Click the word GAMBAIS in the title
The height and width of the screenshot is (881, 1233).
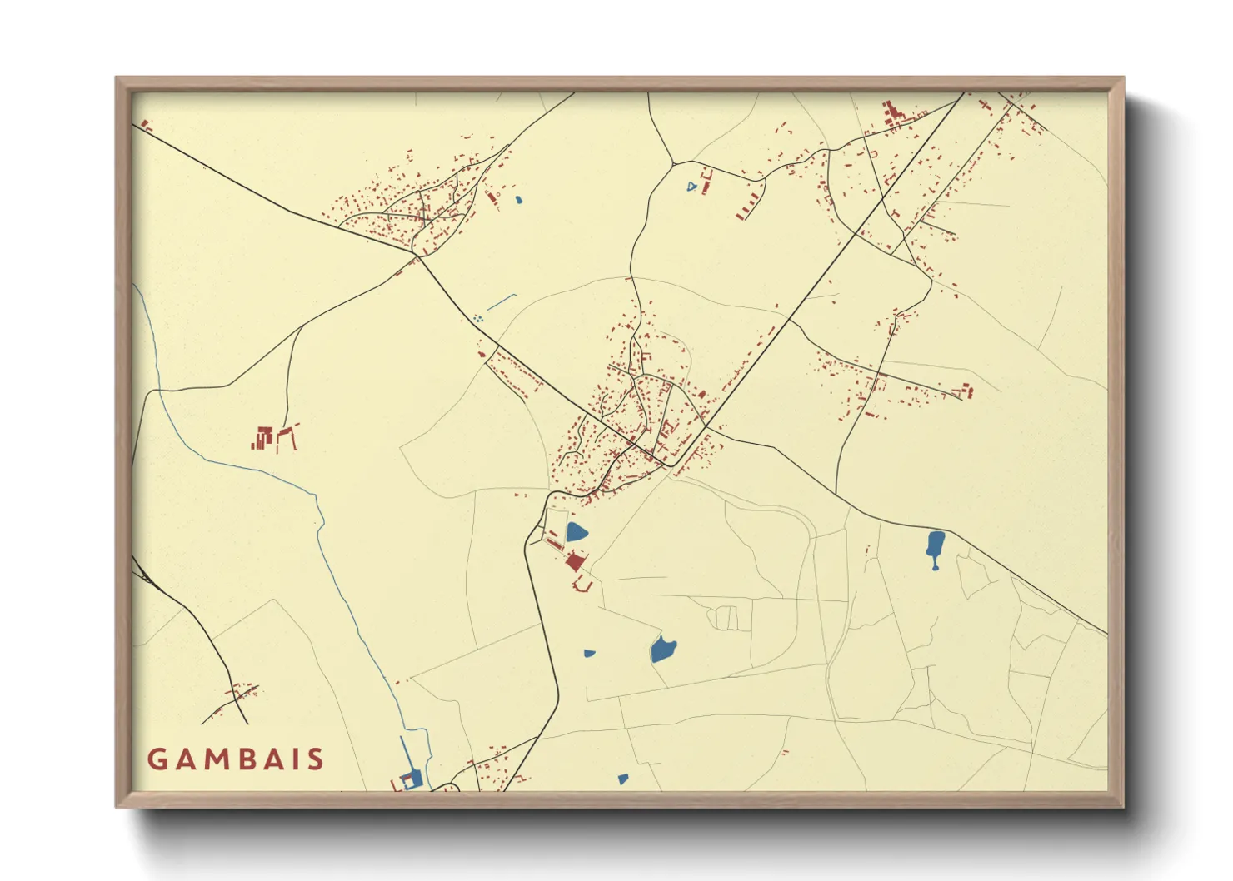[x=236, y=759]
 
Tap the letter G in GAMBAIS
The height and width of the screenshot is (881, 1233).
[x=157, y=759]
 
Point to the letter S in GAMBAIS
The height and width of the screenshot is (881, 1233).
[x=315, y=759]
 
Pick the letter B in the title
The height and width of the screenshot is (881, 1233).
[x=239, y=759]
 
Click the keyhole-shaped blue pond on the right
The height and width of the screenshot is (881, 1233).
[x=935, y=546]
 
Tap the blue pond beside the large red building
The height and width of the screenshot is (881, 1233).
[x=576, y=532]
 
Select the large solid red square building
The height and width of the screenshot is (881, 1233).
[x=574, y=562]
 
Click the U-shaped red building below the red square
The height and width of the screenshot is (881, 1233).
[x=582, y=586]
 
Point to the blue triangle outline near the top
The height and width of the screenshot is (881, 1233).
[x=691, y=187]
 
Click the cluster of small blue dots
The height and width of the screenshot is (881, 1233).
[x=477, y=318]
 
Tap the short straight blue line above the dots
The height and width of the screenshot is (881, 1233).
[x=502, y=301]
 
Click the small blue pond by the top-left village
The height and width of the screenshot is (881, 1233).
[x=518, y=200]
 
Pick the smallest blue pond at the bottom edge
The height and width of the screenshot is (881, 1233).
[x=622, y=779]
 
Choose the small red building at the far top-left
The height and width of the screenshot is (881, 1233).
[x=146, y=126]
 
